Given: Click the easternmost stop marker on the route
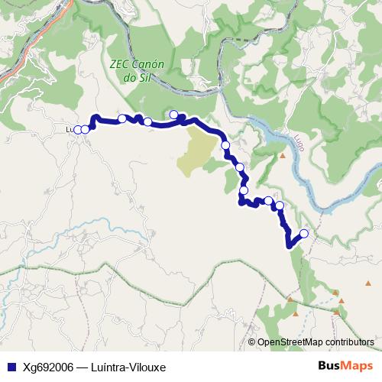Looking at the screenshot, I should pos(304,234).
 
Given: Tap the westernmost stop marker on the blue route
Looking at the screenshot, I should pos(77,130).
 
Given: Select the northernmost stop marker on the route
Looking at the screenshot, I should pos(174,115).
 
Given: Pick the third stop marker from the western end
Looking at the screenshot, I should pos(122,118).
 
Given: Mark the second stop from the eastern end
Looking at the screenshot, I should pos(279,205).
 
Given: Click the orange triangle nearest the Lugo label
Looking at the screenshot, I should pos(282,157).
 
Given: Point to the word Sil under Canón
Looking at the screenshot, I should pos(139,77).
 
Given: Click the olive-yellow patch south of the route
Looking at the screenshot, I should pos(199,149).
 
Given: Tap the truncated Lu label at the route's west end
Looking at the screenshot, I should pos(70,130).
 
